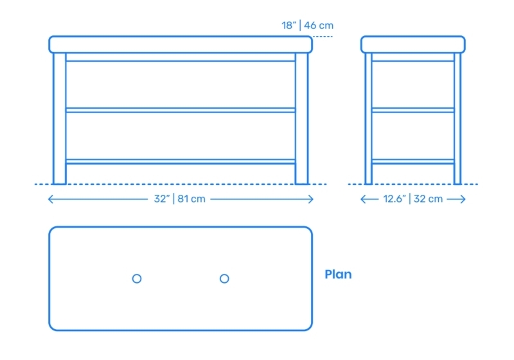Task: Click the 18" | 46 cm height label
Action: (x=308, y=25)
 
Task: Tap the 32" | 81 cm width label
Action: (x=180, y=199)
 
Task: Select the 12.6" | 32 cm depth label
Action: (x=413, y=199)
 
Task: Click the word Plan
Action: (x=338, y=274)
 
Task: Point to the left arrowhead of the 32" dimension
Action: (x=51, y=199)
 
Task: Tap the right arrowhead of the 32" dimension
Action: (x=311, y=199)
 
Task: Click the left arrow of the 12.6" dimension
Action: (x=369, y=199)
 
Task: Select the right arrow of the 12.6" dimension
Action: (x=456, y=199)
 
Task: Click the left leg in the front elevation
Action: (x=59, y=118)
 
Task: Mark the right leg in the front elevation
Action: (x=301, y=118)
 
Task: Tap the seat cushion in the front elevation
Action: (x=181, y=44)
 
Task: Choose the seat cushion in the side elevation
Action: (x=413, y=44)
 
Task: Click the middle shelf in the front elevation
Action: (x=181, y=110)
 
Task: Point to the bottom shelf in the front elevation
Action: (x=181, y=161)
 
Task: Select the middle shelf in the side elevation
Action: (x=413, y=110)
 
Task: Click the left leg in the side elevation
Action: (x=368, y=118)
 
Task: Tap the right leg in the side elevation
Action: (x=457, y=118)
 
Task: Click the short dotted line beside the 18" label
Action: (x=323, y=37)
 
